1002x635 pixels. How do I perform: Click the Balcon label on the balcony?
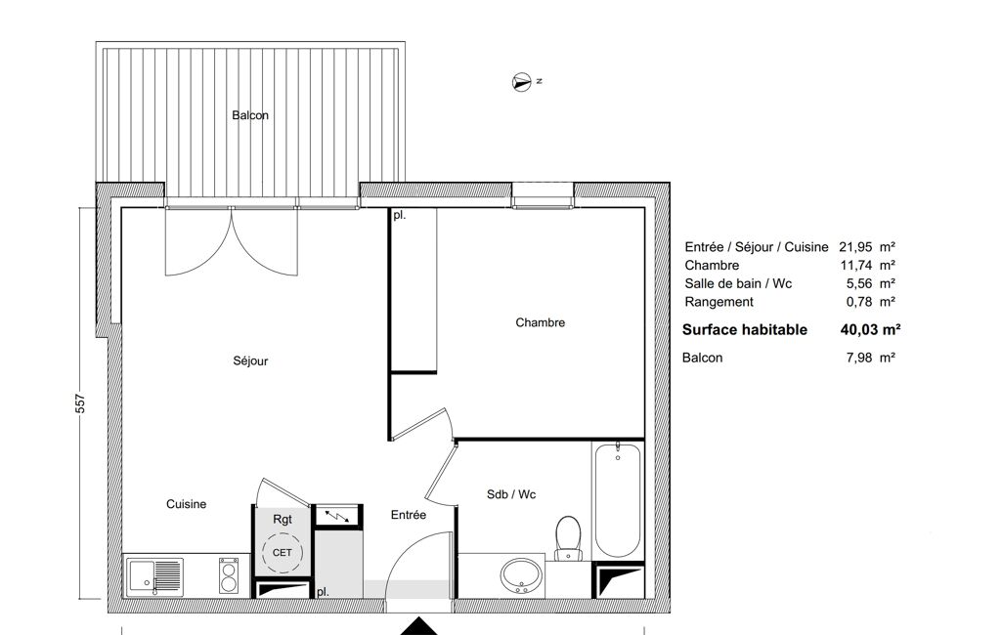250,115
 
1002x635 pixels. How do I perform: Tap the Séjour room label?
250,360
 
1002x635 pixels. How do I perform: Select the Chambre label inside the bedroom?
540,322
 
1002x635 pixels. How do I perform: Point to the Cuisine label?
186,504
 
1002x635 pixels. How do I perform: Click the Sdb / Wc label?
511,494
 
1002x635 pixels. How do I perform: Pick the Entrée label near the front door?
409,515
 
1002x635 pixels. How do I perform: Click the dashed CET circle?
282,553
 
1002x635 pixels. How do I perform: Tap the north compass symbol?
522,82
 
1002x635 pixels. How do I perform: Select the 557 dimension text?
80,403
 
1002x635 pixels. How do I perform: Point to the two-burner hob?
229,575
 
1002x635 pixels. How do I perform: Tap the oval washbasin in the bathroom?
521,575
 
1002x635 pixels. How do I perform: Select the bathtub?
617,500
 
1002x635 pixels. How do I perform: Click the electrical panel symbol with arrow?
337,515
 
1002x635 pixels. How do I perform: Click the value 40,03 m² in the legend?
870,330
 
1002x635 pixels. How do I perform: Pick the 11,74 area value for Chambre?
856,265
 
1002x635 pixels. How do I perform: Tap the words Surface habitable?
745,330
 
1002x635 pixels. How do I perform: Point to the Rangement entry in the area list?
719,302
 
